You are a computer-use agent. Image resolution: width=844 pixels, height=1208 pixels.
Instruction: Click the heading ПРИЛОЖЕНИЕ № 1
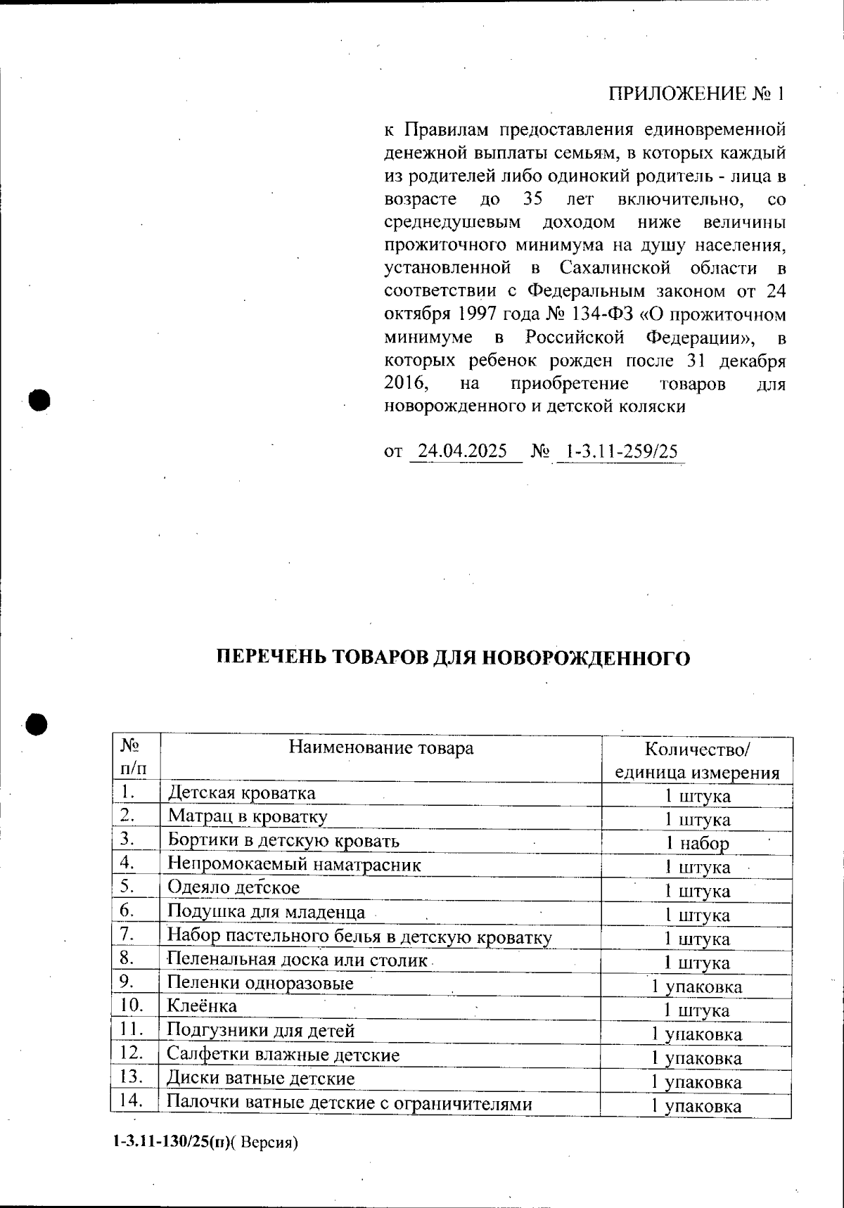[x=695, y=94]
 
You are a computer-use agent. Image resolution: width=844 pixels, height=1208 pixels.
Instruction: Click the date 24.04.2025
[x=462, y=451]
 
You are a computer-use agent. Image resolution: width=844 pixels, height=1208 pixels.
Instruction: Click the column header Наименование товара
[x=381, y=747]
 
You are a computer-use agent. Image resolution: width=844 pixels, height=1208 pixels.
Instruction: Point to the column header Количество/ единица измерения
[x=696, y=760]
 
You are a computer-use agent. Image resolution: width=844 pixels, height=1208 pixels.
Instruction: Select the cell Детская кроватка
[x=241, y=793]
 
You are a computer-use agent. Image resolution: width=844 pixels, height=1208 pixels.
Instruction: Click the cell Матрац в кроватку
[x=247, y=817]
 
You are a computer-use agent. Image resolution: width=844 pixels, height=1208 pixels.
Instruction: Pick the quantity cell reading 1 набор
[x=696, y=843]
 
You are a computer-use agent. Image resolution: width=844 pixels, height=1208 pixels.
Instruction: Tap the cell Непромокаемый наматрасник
[x=293, y=864]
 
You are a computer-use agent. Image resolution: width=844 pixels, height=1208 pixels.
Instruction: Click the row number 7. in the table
[x=128, y=934]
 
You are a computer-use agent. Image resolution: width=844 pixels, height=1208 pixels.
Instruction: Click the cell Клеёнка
[x=202, y=1006]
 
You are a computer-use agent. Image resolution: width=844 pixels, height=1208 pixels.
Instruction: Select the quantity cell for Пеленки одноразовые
[x=696, y=987]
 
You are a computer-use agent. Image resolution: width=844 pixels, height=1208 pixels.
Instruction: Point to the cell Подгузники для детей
[x=260, y=1031]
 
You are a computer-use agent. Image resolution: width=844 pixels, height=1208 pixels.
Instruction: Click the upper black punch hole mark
[x=41, y=400]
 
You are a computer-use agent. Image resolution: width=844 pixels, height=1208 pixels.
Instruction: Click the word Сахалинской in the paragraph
[x=613, y=268]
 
